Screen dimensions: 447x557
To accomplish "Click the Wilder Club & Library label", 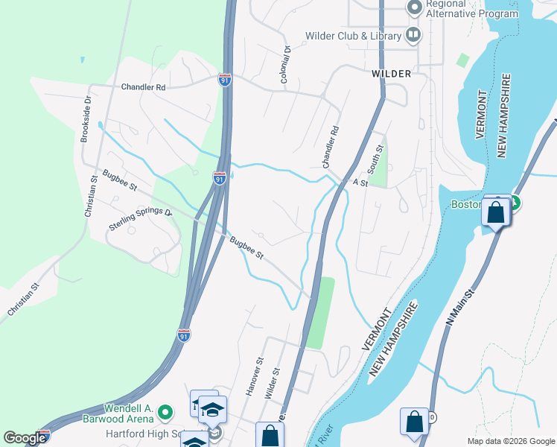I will (x=353, y=36).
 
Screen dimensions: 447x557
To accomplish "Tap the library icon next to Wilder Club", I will (x=413, y=35).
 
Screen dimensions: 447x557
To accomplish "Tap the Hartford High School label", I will (x=145, y=434).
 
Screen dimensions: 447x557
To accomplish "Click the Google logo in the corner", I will (x=25, y=438).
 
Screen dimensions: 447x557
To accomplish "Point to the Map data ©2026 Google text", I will (x=511, y=441).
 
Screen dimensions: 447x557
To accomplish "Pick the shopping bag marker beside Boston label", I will (x=496, y=212).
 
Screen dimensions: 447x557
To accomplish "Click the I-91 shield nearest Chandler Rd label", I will (x=225, y=80).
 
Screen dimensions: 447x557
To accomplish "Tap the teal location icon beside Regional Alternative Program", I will (x=414, y=8).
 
